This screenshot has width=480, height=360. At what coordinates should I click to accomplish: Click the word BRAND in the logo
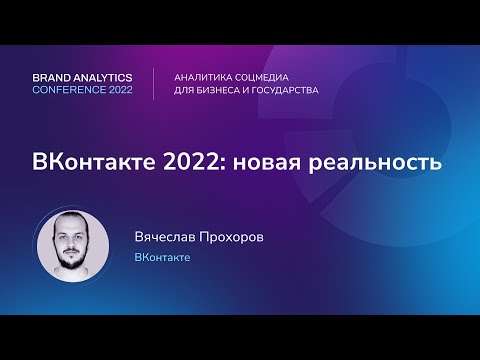coord(53,76)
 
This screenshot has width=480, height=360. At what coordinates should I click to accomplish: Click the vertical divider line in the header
coord(153,83)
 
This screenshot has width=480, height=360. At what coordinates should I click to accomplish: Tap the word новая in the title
coord(266,163)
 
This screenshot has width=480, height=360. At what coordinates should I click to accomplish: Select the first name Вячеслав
coord(167,237)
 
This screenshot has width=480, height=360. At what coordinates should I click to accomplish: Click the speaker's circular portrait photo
coord(73,246)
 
